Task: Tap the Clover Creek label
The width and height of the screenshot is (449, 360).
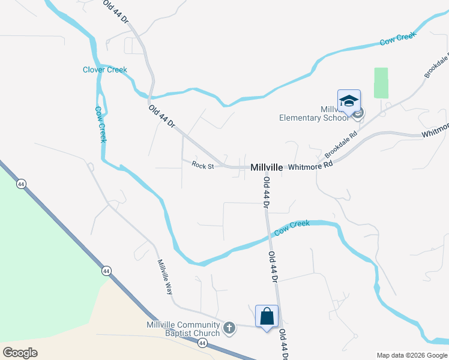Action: (105, 70)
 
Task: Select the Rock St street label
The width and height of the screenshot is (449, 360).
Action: (203, 165)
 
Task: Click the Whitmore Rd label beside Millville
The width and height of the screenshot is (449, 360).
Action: (310, 166)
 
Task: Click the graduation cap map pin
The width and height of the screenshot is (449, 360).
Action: (349, 101)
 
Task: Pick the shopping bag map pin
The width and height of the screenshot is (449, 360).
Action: (267, 316)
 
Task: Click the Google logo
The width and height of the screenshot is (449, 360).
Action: (20, 352)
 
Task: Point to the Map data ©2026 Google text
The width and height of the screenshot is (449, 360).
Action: (411, 355)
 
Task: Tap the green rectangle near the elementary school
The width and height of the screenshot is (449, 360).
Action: (381, 82)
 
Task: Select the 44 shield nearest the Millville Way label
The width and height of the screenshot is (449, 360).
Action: (106, 271)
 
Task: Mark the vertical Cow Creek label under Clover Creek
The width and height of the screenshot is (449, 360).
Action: (101, 124)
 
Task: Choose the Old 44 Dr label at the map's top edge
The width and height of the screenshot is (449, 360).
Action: (116, 11)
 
